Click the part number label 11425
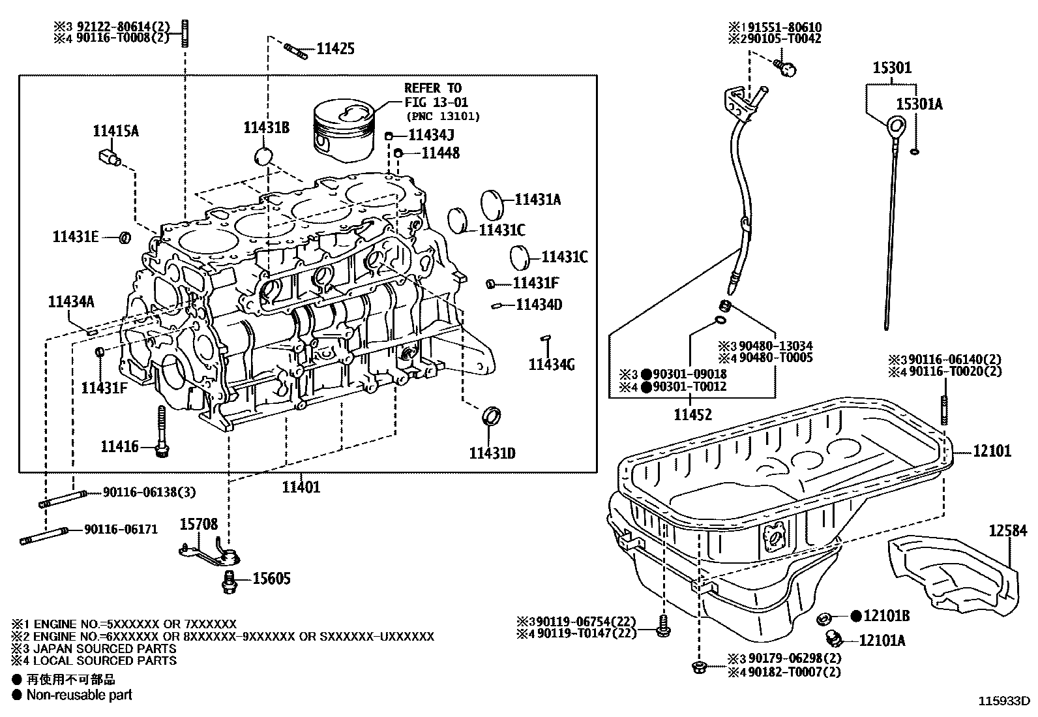[x=335, y=48]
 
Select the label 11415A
[x=115, y=131]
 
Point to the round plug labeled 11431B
[x=263, y=157]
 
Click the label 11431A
[x=537, y=200]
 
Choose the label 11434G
[x=551, y=365]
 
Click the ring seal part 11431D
[x=492, y=414]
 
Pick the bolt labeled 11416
[x=162, y=430]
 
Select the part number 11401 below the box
[x=301, y=487]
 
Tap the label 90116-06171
[x=121, y=530]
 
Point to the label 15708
[x=199, y=524]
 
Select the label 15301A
[x=918, y=104]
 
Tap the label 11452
[x=692, y=414]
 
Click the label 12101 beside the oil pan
[x=992, y=451]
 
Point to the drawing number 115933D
[x=1002, y=702]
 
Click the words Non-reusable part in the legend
[x=79, y=695]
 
